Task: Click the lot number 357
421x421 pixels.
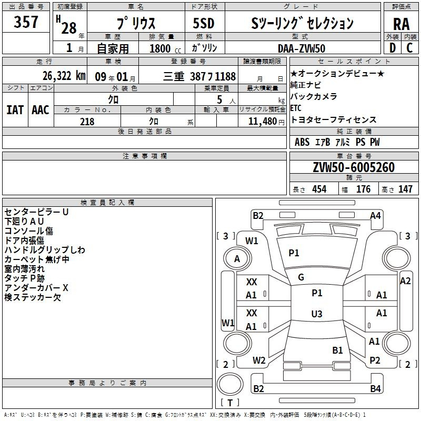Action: (x=26, y=22)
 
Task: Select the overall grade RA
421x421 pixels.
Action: (x=401, y=24)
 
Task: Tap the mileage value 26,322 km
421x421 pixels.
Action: (x=64, y=76)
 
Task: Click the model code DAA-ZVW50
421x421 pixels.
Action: (x=302, y=48)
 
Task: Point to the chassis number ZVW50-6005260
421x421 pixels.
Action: (x=354, y=167)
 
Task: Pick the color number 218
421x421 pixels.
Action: (x=87, y=122)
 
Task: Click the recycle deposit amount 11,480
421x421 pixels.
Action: (x=262, y=122)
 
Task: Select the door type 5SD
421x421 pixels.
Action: (x=204, y=23)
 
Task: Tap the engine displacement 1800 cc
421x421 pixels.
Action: (x=165, y=48)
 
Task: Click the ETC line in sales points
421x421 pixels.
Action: (x=296, y=108)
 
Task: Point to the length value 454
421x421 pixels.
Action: (x=319, y=189)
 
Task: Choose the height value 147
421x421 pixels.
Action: (x=405, y=189)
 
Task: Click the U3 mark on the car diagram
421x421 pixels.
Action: (x=317, y=314)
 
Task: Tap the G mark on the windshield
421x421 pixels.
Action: (x=301, y=277)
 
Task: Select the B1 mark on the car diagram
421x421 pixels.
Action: (x=337, y=350)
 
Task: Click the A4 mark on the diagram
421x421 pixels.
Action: (x=375, y=216)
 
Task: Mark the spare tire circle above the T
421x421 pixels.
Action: (x=230, y=384)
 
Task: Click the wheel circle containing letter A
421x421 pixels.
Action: (x=237, y=259)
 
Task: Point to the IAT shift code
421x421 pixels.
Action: (x=15, y=110)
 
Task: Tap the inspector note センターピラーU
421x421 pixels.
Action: (x=36, y=212)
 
